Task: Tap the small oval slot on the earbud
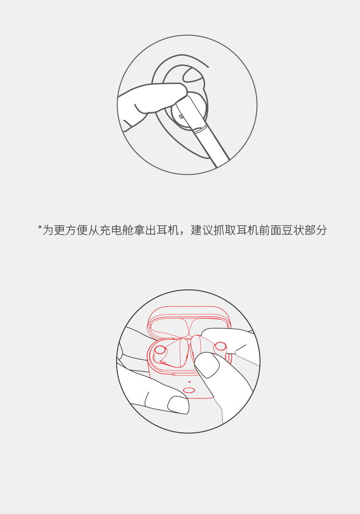181,116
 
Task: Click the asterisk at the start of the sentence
40,227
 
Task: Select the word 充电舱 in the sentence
116,230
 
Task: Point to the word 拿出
145,230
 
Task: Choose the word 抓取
225,230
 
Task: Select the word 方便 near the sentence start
76,230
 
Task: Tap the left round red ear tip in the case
160,350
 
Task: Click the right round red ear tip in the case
220,346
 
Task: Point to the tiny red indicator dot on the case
189,382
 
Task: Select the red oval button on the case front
189,390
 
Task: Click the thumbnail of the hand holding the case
179,405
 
